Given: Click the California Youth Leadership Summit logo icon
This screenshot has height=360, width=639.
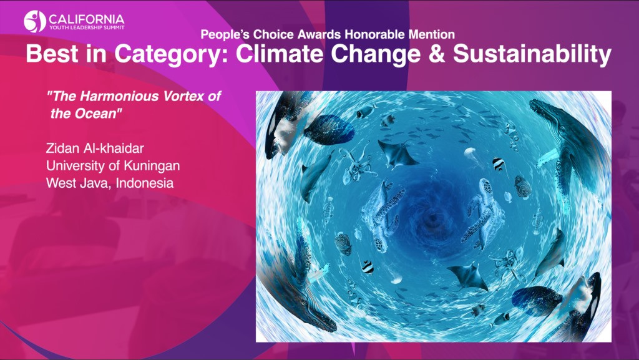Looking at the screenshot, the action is point(34,21).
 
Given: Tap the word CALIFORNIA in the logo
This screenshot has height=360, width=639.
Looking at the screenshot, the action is point(86,19).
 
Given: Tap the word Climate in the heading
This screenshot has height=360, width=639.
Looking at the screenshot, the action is point(281,54).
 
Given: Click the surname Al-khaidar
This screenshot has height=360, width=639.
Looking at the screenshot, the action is point(114,148).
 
